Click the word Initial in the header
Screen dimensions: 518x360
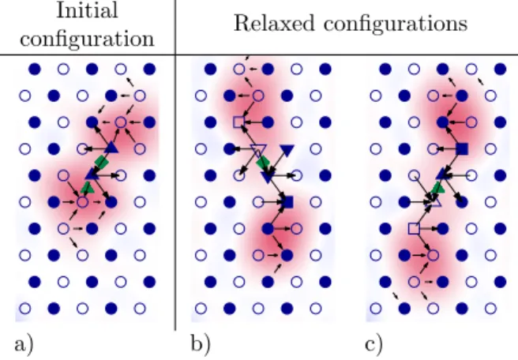(x=87, y=10)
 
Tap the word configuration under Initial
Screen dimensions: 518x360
(x=87, y=39)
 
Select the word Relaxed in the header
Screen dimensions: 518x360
(x=274, y=24)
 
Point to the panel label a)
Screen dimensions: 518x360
(x=24, y=344)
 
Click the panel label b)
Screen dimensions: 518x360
(x=201, y=343)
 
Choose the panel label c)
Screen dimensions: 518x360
(x=374, y=344)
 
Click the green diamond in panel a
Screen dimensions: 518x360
(x=101, y=162)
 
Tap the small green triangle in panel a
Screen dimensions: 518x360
(x=88, y=189)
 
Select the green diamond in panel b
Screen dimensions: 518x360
(x=263, y=162)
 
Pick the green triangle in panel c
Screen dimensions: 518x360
(x=438, y=189)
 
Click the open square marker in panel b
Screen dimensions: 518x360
(x=238, y=122)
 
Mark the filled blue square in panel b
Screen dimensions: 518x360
(x=287, y=202)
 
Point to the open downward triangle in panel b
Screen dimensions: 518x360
(x=257, y=150)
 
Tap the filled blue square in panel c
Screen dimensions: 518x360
(x=462, y=149)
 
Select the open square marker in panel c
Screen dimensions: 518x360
(x=414, y=228)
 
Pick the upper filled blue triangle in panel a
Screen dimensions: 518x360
(x=111, y=147)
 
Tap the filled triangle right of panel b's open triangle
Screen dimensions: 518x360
(x=287, y=150)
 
